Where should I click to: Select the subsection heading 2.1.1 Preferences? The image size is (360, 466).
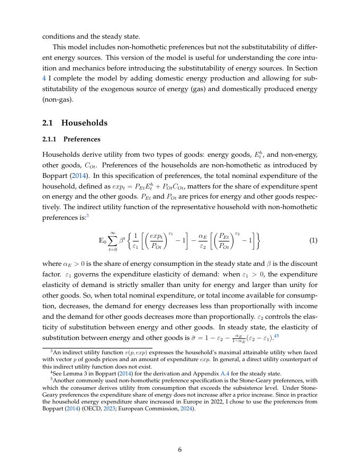click(x=71, y=139)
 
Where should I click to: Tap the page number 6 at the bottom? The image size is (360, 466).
click(x=180, y=450)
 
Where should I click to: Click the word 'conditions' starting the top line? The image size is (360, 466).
click(x=58, y=37)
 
